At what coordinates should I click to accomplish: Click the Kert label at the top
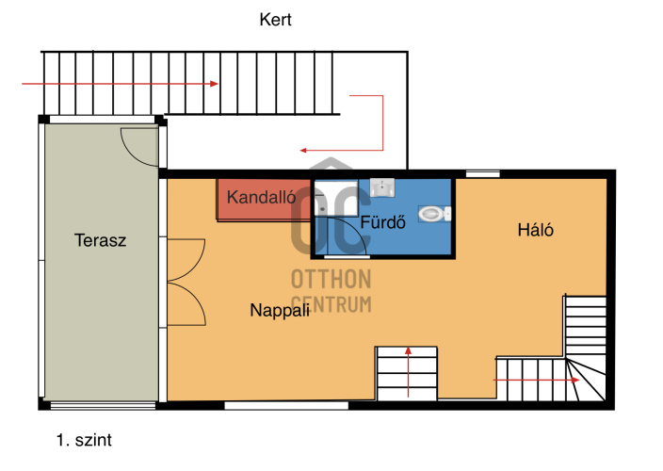click(x=275, y=20)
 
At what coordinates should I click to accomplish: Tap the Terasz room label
click(x=100, y=240)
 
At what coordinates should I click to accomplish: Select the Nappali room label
click(x=280, y=310)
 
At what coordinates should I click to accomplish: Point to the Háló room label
click(x=535, y=230)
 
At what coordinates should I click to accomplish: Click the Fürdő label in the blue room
click(x=382, y=222)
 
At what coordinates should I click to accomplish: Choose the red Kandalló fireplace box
click(x=264, y=200)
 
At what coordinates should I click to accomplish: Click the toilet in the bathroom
click(x=434, y=214)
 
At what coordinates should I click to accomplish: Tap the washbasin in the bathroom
click(x=382, y=187)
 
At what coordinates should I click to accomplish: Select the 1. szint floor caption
click(x=84, y=440)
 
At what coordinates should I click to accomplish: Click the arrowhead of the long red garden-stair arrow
click(x=215, y=84)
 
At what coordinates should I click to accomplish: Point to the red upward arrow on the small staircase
click(x=408, y=372)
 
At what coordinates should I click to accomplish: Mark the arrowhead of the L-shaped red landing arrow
click(x=303, y=150)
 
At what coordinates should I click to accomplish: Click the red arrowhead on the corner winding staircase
click(x=575, y=381)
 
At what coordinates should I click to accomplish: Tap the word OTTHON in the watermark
click(x=331, y=280)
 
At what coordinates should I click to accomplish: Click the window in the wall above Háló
click(x=483, y=173)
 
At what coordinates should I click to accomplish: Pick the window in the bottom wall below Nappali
click(x=286, y=406)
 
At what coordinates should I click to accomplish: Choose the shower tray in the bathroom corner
click(x=336, y=199)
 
